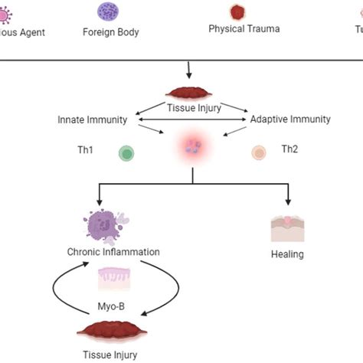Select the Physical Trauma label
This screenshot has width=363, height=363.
tap(244, 29)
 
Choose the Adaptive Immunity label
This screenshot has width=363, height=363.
tap(290, 120)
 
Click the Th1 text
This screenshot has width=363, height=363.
tap(86, 149)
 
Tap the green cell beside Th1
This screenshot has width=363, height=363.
tap(126, 154)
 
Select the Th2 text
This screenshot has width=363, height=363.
tap(289, 149)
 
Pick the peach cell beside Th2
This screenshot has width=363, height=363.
tap(259, 153)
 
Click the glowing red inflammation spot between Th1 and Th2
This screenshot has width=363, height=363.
tap(191, 147)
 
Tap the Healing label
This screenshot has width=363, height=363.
tap(288, 255)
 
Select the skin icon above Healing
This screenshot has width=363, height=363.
tap(288, 229)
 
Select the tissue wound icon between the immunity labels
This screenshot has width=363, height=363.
tap(191, 93)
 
